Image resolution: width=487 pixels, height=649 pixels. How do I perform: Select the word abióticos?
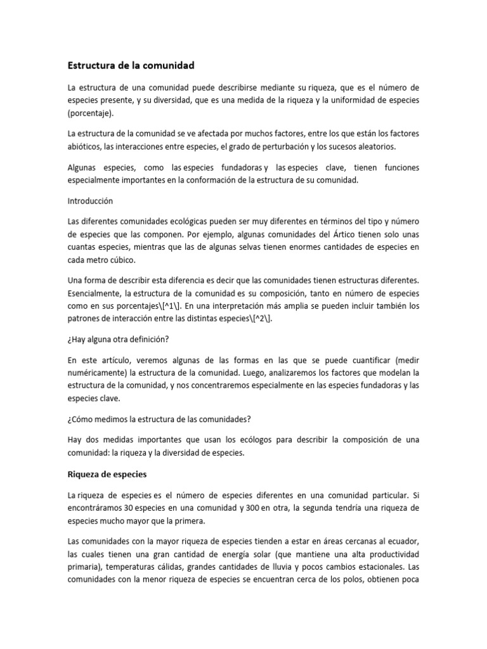[x=87, y=146]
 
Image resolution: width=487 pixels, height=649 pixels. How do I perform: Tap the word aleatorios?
[x=372, y=146]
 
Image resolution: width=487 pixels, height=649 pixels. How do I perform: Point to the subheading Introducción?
[x=90, y=200]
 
